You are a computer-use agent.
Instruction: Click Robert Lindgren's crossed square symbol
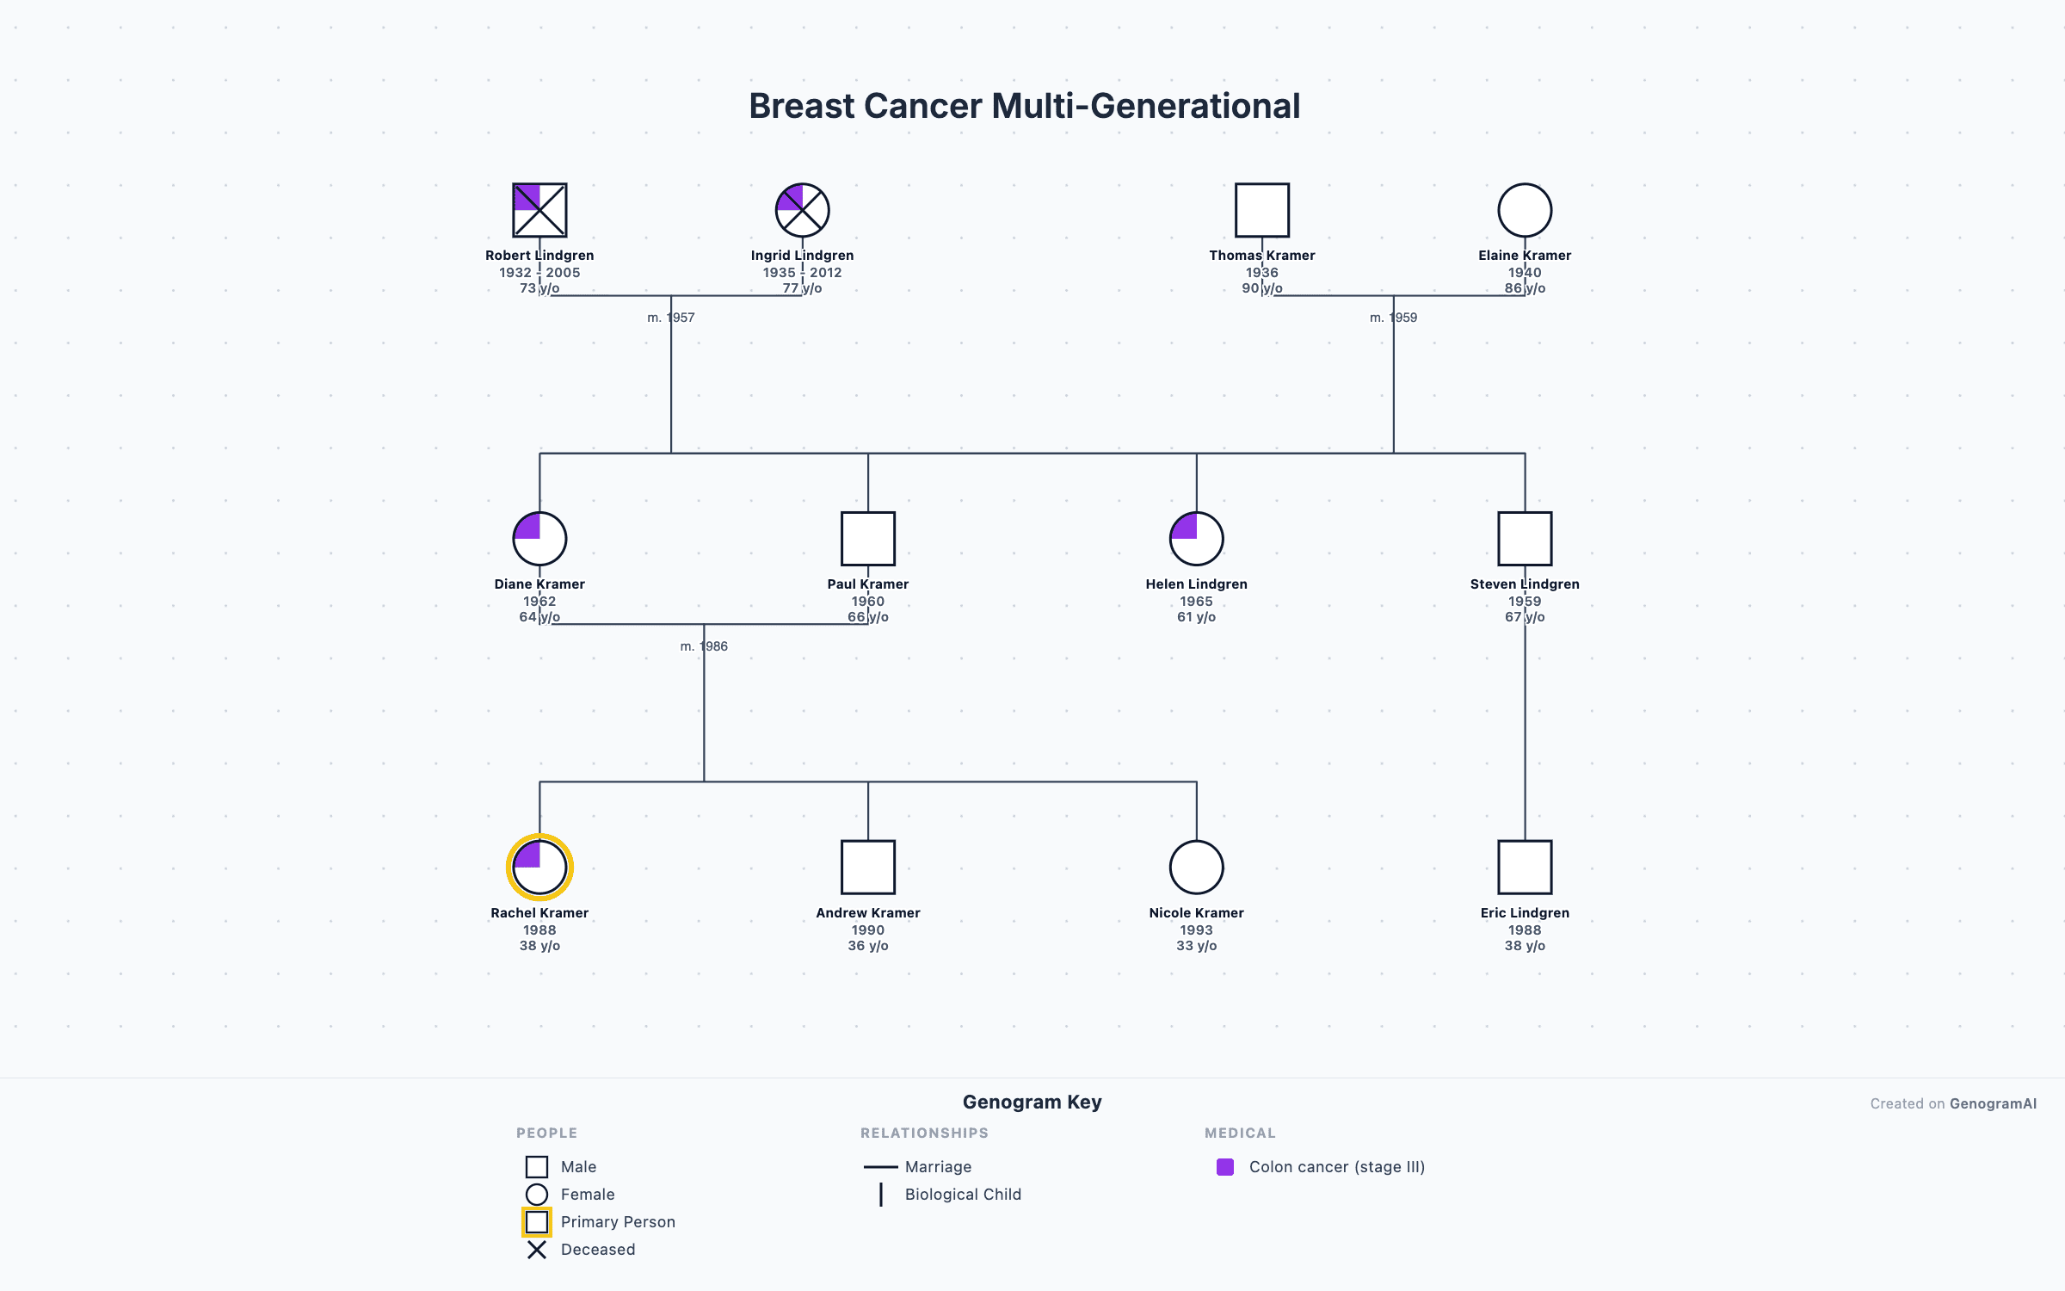(539, 210)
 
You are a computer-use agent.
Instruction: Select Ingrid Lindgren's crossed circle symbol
(802, 210)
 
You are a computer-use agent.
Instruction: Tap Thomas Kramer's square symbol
(1262, 210)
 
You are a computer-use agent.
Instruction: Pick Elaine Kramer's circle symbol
(1525, 210)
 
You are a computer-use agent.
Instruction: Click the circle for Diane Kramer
(539, 539)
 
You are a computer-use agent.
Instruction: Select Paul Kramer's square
(868, 539)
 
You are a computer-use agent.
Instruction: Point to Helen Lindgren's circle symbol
(1196, 539)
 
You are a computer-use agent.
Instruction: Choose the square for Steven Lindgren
(1525, 539)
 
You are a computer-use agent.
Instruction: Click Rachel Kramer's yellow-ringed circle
(539, 868)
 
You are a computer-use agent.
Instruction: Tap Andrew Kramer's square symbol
(868, 868)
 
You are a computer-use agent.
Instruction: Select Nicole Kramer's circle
(1196, 868)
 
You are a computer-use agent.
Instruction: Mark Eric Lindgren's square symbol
(1525, 868)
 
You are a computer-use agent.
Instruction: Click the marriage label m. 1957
(671, 318)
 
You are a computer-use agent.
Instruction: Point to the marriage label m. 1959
(1393, 318)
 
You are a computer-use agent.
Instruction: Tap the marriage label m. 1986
(704, 646)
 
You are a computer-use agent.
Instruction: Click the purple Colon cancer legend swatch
(1225, 1167)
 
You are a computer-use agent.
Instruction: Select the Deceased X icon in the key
(537, 1250)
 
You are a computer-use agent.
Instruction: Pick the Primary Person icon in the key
(537, 1222)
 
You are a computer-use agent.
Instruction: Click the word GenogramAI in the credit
(1993, 1104)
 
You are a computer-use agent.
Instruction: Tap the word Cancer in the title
(922, 107)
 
